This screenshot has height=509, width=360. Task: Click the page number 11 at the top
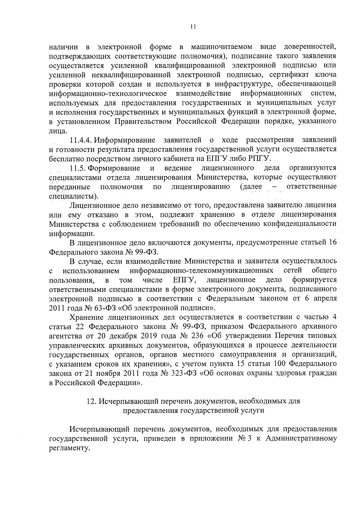pos(193,27)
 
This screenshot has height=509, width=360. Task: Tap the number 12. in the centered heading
pos(91,401)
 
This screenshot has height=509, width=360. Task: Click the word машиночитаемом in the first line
pos(221,47)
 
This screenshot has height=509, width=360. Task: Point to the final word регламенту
pos(69,448)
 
